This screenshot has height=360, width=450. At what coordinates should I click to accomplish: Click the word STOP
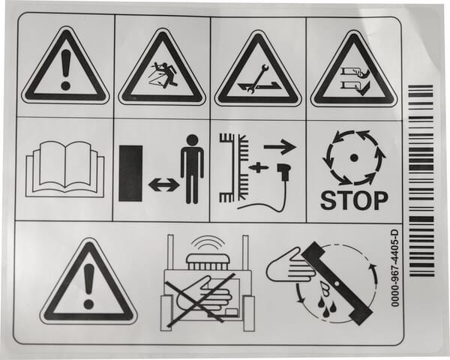pyautogui.click(x=354, y=200)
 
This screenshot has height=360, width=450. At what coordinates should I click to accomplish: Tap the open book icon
pyautogui.click(x=64, y=169)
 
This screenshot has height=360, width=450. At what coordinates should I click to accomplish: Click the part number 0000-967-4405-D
pyautogui.click(x=395, y=268)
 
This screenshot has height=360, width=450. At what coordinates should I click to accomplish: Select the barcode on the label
pyautogui.click(x=421, y=181)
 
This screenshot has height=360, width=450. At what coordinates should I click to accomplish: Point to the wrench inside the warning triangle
pyautogui.click(x=256, y=79)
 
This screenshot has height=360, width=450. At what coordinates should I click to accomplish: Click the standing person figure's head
pyautogui.click(x=192, y=141)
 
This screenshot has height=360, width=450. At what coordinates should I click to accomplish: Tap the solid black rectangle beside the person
pyautogui.click(x=130, y=173)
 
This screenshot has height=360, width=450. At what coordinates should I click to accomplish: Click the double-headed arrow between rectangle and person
pyautogui.click(x=163, y=184)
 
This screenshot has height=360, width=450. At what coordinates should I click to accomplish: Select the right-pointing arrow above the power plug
pyautogui.click(x=280, y=147)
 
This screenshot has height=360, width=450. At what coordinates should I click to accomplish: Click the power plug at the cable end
pyautogui.click(x=283, y=172)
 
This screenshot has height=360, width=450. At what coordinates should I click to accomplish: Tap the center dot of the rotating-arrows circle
pyautogui.click(x=354, y=157)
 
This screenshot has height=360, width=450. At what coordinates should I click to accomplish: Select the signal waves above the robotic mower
pyautogui.click(x=208, y=242)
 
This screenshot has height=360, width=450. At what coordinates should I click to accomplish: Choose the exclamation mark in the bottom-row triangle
pyautogui.click(x=89, y=286)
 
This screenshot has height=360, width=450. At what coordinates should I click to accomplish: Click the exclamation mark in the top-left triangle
pyautogui.click(x=66, y=69)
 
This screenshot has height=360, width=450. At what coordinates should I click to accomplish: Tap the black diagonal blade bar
pyautogui.click(x=337, y=283)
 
